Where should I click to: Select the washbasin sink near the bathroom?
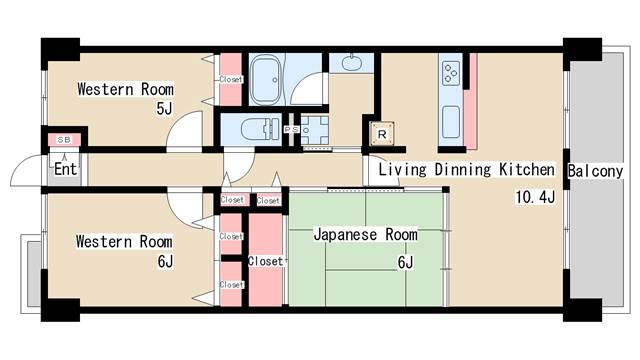tap(353, 63)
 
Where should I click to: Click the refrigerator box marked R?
tap(382, 131)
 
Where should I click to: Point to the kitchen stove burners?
tap(450, 72)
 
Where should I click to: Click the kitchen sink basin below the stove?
tap(450, 118)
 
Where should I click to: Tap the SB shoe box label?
tap(63, 140)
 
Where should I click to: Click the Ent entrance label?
tap(65, 169)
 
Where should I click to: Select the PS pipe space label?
tap(292, 130)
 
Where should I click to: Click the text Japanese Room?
tap(364, 235)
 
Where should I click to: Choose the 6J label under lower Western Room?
tap(165, 262)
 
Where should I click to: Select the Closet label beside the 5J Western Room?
tap(231, 79)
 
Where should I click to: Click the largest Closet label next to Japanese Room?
tap(265, 261)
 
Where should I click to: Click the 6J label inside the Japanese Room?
tap(406, 262)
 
